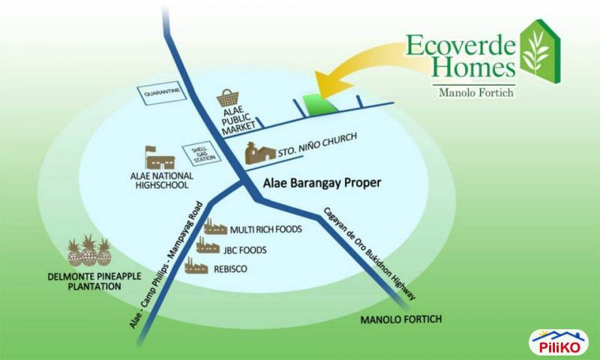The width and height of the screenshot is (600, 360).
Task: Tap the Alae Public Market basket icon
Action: click(227, 99)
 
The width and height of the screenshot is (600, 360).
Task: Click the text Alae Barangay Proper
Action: click(322, 182)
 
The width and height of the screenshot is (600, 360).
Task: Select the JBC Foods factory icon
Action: click(208, 247)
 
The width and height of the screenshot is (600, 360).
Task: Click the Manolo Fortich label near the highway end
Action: click(400, 319)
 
